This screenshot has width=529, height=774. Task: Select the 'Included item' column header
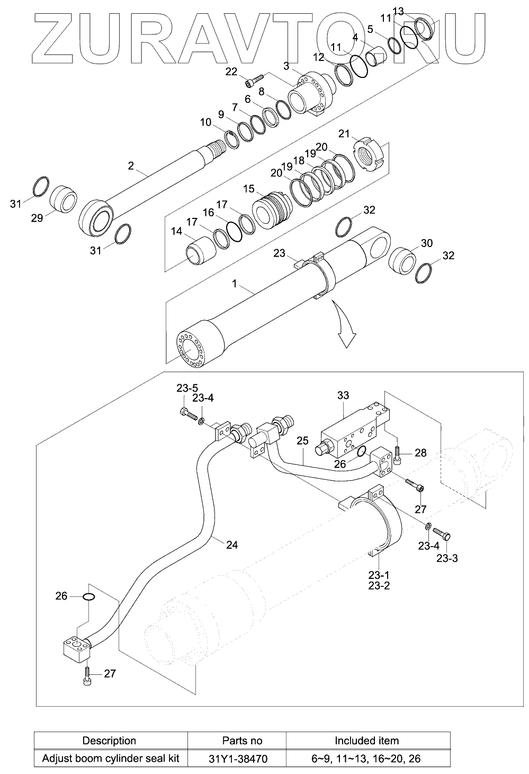[366, 741]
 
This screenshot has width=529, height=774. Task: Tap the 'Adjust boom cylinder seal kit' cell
[110, 758]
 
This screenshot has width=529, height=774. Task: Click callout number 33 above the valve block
[343, 395]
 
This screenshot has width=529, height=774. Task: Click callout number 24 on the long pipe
[232, 544]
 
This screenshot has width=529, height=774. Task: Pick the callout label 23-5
[187, 388]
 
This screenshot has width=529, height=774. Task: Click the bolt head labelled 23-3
[446, 537]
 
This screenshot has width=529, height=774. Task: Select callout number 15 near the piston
[249, 189]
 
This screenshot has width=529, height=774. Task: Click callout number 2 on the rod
[131, 166]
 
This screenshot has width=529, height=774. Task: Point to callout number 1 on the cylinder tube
[234, 284]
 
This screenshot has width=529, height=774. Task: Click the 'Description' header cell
[110, 741]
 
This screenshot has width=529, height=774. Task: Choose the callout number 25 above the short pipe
[302, 441]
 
